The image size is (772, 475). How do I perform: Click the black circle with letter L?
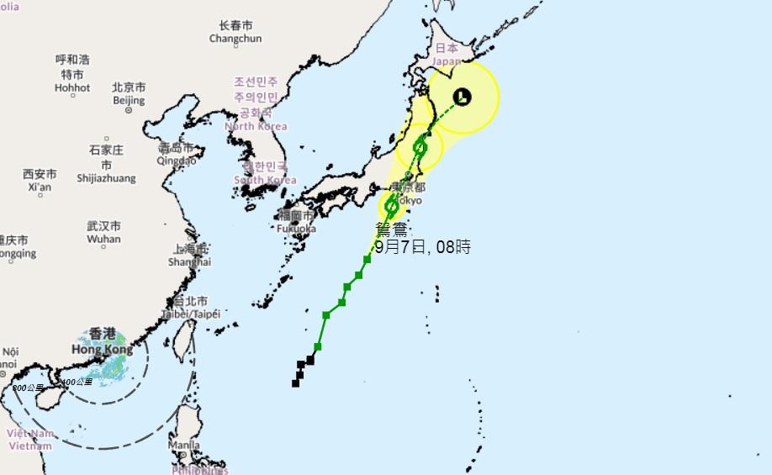462,97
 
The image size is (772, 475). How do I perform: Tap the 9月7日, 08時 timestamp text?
422,247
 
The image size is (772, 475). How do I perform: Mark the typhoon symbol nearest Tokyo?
391,206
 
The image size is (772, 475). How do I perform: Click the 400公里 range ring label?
77,383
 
